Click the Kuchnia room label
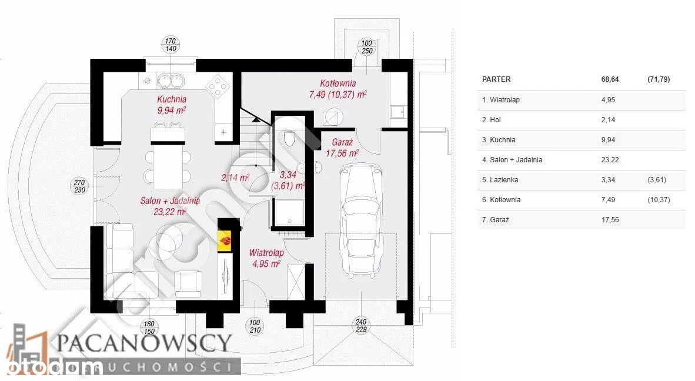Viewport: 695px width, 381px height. pos(172,99)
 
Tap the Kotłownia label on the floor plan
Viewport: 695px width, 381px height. pos(338,83)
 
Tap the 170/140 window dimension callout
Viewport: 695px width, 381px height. pos(171,45)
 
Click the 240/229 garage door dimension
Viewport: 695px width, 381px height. pos(361,325)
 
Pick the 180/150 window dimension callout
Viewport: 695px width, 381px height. pos(149,326)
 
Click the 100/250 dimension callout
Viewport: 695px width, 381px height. pos(367,47)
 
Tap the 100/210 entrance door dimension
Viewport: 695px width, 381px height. pos(255,326)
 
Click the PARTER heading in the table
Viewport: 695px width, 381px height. pos(496,79)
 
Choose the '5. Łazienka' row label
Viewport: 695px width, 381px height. pos(501,179)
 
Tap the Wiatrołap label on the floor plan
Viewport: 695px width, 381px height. pos(266,253)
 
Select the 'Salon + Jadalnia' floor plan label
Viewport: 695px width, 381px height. pos(170,200)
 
